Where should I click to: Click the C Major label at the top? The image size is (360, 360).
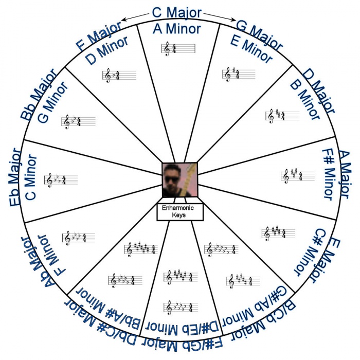click(177, 13)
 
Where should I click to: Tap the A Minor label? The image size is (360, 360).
click(177, 29)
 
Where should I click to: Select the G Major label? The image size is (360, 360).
click(259, 35)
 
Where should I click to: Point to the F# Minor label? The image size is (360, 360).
click(329, 174)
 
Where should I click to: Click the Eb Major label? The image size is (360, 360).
click(15, 177)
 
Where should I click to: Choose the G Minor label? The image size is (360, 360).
click(53, 102)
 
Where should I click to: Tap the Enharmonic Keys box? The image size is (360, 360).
click(180, 211)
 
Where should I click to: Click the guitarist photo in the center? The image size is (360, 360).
click(180, 180)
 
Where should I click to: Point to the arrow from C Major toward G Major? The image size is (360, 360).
click(220, 17)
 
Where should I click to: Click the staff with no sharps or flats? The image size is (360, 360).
click(178, 49)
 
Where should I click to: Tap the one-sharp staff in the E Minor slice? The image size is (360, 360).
click(239, 74)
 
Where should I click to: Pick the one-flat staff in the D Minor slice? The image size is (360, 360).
click(119, 75)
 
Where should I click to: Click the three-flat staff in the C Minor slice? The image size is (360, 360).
click(61, 180)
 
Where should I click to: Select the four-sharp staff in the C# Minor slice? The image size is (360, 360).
click(278, 233)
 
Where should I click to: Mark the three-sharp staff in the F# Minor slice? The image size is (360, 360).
click(298, 176)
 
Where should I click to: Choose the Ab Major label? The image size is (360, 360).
click(38, 262)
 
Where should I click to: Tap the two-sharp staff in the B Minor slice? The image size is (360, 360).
click(283, 116)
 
